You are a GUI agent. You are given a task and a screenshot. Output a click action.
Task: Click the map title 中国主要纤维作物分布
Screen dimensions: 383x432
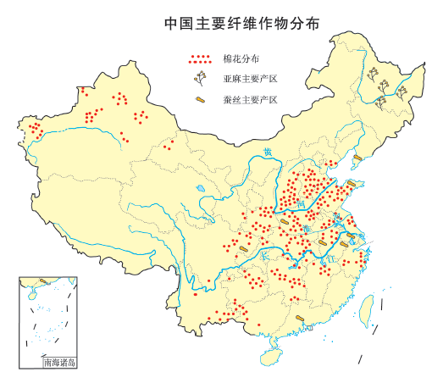click(x=230, y=23)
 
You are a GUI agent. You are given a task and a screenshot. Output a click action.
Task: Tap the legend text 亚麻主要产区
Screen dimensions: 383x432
click(x=251, y=80)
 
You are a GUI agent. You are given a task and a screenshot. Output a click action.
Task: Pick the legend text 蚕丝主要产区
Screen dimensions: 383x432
click(x=251, y=99)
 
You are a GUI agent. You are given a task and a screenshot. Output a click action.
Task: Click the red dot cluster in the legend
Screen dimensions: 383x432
click(x=201, y=60)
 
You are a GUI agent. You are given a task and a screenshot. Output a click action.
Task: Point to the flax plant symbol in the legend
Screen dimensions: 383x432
click(x=201, y=79)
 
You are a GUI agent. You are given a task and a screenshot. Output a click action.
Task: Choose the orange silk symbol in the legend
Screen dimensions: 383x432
click(x=201, y=100)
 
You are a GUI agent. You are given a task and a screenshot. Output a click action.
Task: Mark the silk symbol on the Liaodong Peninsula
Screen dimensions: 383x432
click(x=357, y=157)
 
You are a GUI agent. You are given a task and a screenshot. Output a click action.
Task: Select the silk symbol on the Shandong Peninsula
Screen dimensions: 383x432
click(x=351, y=183)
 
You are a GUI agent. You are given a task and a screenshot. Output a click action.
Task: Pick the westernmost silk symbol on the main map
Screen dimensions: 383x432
click(x=242, y=249)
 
